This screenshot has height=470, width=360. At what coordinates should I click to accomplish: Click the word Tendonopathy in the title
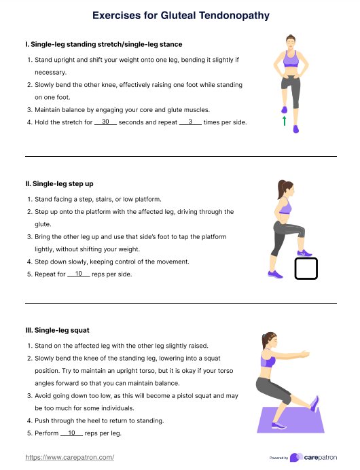click(234, 16)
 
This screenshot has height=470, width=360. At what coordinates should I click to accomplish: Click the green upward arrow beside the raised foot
click(284, 121)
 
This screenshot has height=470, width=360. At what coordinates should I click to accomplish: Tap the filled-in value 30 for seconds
click(105, 122)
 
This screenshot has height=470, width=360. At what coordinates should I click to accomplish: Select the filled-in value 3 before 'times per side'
click(190, 122)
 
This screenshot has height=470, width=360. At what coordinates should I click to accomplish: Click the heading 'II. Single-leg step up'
click(59, 184)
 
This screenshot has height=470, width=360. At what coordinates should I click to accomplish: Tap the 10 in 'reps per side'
click(79, 273)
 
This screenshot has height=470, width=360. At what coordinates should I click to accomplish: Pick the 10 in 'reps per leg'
click(71, 433)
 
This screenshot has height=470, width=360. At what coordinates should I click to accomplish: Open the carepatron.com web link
click(69, 457)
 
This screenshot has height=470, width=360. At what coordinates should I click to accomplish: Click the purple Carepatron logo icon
click(296, 457)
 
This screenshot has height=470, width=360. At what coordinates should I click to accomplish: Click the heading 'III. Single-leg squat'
click(58, 330)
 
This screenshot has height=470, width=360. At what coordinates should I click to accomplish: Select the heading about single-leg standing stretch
click(104, 44)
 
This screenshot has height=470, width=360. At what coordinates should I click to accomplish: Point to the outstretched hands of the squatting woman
click(304, 355)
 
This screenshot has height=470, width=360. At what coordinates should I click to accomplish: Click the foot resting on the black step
click(304, 253)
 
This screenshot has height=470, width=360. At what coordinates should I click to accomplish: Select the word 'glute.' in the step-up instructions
click(43, 224)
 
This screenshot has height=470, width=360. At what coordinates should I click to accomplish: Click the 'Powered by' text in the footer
click(278, 458)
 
